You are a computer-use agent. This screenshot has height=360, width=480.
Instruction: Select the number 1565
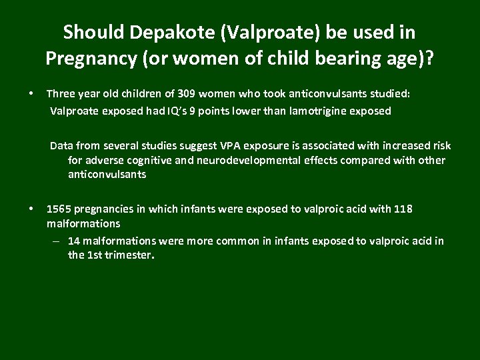coord(59,209)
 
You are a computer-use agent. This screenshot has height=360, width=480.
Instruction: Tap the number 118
coord(403,209)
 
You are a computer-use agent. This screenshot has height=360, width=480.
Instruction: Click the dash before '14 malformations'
coord(55,241)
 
